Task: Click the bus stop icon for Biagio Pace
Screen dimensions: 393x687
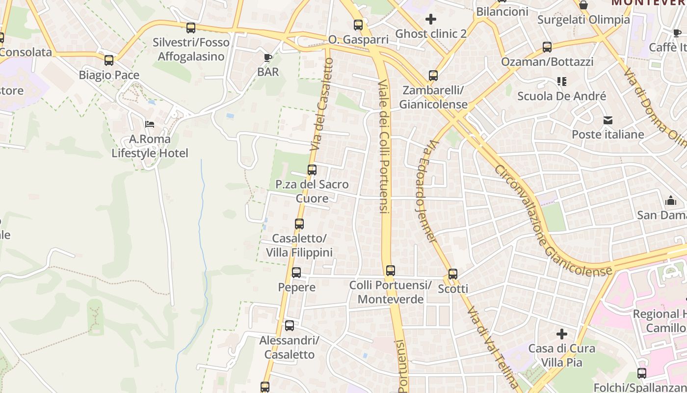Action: [109, 60]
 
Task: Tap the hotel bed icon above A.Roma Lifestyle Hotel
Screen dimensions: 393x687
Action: [150, 124]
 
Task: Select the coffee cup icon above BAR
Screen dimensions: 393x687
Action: [268, 57]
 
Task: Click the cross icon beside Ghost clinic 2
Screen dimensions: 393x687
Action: [431, 19]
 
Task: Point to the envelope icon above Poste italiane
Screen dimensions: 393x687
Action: [608, 120]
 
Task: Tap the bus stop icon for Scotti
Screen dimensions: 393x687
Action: [453, 274]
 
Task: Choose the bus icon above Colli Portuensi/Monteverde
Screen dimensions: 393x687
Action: [391, 271]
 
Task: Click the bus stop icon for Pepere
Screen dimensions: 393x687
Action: [296, 273]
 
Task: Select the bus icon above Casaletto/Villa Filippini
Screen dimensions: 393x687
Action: [299, 224]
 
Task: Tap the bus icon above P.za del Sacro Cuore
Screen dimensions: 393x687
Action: [312, 170]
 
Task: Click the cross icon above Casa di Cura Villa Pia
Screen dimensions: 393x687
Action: [562, 334]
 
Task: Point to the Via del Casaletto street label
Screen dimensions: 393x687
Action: [322, 105]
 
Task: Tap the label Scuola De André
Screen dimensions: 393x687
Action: [561, 96]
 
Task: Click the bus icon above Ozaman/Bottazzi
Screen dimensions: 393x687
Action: [547, 47]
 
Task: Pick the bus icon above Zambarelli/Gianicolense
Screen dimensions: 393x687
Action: [433, 76]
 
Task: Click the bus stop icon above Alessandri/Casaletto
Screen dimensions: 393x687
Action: [290, 325]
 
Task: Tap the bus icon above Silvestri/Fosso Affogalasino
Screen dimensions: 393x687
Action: [191, 28]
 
